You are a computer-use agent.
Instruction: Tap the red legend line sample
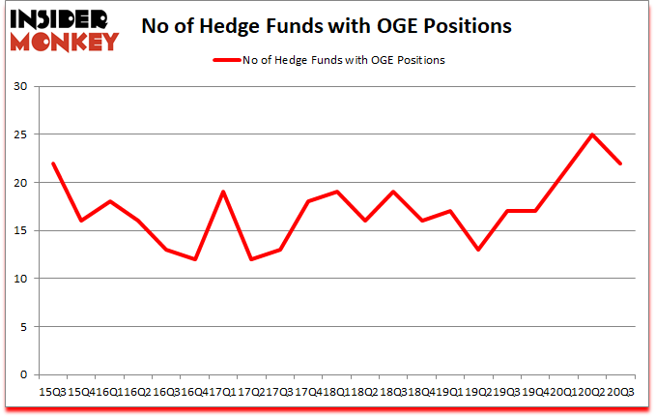click(x=230, y=60)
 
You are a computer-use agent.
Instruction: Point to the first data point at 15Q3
click(x=53, y=164)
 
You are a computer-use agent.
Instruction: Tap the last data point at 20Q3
click(x=620, y=164)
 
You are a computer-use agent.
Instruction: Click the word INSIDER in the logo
click(x=60, y=16)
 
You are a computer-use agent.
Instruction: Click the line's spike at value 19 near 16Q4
click(x=223, y=192)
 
